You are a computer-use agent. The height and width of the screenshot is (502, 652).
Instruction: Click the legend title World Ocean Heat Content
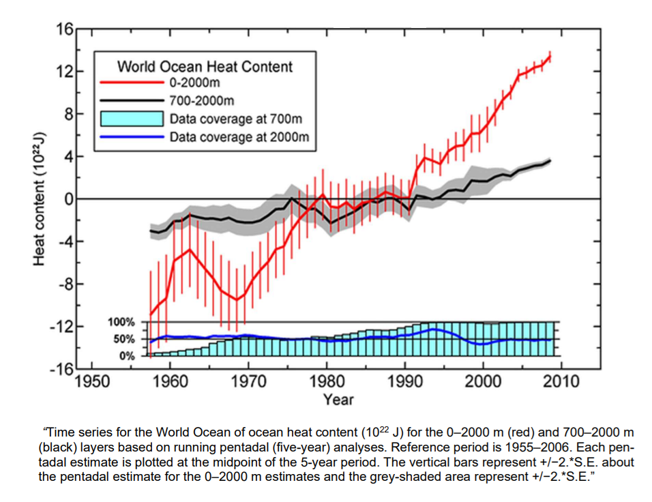pos(205,67)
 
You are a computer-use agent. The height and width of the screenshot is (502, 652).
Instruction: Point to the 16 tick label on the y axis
pos(65,29)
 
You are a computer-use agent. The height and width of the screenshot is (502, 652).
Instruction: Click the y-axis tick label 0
pos(69,199)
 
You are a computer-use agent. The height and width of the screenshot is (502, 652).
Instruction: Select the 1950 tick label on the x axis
pos(91,381)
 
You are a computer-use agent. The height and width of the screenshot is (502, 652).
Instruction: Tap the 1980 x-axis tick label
pos(326,381)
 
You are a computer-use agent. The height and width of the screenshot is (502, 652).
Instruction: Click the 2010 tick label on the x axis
pos(561,381)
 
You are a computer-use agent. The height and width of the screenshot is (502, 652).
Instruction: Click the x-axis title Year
pos(338,399)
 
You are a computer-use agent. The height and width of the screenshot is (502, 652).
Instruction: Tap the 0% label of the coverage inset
pos(128,356)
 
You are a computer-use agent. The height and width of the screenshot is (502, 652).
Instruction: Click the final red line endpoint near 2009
pos(550,57)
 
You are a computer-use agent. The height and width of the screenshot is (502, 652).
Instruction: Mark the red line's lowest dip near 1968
pos(236,299)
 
